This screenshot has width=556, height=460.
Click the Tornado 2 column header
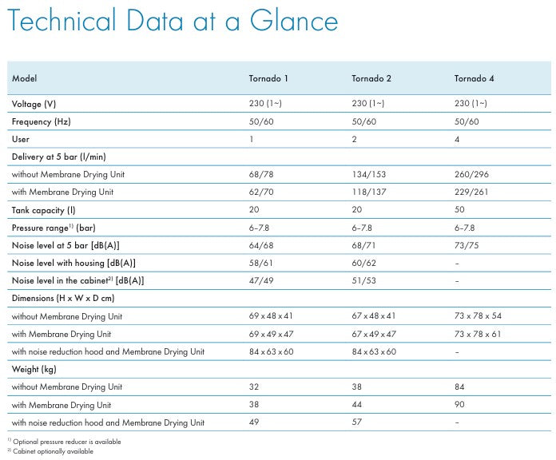point(371,78)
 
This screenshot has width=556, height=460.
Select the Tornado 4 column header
point(474,78)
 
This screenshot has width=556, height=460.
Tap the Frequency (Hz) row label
point(41,121)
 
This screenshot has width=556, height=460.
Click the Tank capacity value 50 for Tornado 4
point(459,209)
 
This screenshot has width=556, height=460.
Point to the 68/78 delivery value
point(261,174)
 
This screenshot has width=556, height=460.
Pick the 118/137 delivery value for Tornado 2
point(369,192)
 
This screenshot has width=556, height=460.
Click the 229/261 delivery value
point(471,192)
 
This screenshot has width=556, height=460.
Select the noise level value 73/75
point(467,245)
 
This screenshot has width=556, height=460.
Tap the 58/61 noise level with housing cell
point(260,263)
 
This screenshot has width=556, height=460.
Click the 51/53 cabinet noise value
point(363,280)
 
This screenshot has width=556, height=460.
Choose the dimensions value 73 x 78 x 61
point(478,334)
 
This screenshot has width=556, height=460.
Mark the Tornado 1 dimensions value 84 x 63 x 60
point(272,351)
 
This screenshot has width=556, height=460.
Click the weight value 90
point(459,404)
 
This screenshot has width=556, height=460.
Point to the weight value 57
point(357,422)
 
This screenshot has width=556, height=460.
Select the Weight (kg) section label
point(34,369)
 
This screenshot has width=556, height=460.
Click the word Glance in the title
point(294,20)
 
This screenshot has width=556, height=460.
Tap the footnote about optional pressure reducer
point(64,442)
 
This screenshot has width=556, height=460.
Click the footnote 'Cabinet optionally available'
point(50,451)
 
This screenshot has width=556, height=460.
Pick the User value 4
point(457,139)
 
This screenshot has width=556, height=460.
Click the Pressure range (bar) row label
point(54,228)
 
